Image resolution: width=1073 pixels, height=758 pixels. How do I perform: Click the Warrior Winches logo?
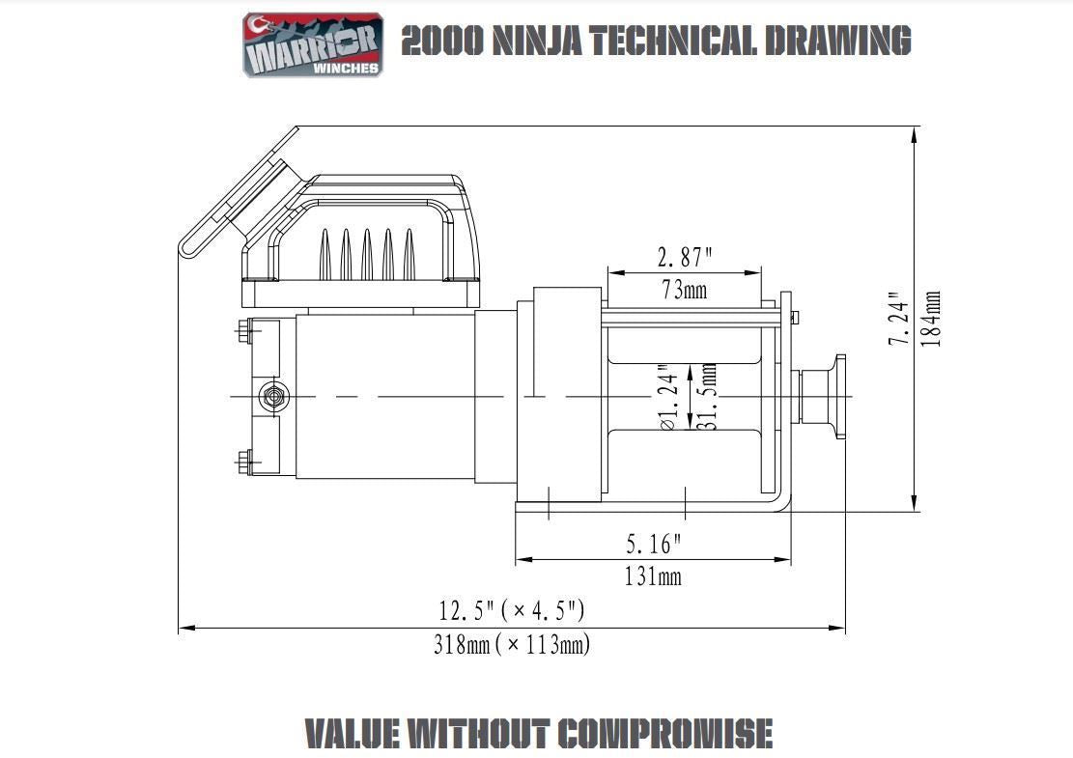coord(313,43)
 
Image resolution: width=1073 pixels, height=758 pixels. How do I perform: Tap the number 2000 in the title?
coord(442,42)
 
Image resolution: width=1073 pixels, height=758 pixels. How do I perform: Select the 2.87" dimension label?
coord(685,258)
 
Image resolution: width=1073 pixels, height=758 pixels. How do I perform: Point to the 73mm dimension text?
coord(683,289)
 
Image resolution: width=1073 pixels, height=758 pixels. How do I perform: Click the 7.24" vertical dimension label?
coord(899,322)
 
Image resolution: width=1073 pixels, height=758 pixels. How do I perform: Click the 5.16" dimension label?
coord(654,545)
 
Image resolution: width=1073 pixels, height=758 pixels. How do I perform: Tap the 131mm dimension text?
coord(654,576)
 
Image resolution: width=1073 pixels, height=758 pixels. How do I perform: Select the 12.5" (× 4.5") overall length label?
coord(512,611)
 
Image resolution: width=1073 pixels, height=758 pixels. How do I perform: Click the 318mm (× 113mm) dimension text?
coord(512,644)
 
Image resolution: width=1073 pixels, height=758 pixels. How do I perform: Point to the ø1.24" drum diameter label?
coord(666,397)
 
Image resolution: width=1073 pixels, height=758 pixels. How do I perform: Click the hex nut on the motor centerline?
coord(272,396)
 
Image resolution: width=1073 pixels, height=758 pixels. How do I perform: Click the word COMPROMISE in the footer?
coord(665,734)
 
